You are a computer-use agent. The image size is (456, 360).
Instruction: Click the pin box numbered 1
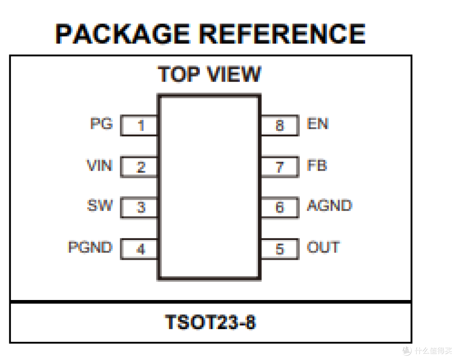coord(139,125)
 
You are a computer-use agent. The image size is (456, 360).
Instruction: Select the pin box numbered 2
coord(139,167)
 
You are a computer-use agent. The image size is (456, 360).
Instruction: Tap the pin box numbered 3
coord(139,207)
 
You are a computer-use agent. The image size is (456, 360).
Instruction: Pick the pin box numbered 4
coord(139,249)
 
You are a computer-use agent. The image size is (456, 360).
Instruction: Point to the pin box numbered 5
coord(280,249)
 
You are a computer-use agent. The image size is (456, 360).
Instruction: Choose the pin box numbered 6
coord(280,207)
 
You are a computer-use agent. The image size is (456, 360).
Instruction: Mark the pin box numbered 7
coord(280,167)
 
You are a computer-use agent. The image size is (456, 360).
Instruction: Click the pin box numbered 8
coord(280,125)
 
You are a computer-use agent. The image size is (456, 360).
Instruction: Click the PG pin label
coord(101,123)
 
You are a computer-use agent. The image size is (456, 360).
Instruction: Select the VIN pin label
coord(100,165)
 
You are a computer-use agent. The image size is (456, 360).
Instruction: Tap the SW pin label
coord(100,205)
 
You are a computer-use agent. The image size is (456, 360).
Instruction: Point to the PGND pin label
coord(90,247)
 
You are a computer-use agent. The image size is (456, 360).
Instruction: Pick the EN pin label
coord(318,123)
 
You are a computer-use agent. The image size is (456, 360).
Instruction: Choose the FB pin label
coord(317,165)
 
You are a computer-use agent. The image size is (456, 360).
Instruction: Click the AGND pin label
coord(330,205)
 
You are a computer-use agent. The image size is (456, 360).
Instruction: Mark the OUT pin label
coord(323,247)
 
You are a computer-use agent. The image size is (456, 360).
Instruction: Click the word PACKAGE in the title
coord(123,34)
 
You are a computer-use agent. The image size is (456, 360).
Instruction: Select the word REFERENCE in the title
coord(282,34)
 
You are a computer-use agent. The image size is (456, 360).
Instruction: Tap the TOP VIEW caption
coord(209,74)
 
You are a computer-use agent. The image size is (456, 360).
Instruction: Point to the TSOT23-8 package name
coord(210,322)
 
